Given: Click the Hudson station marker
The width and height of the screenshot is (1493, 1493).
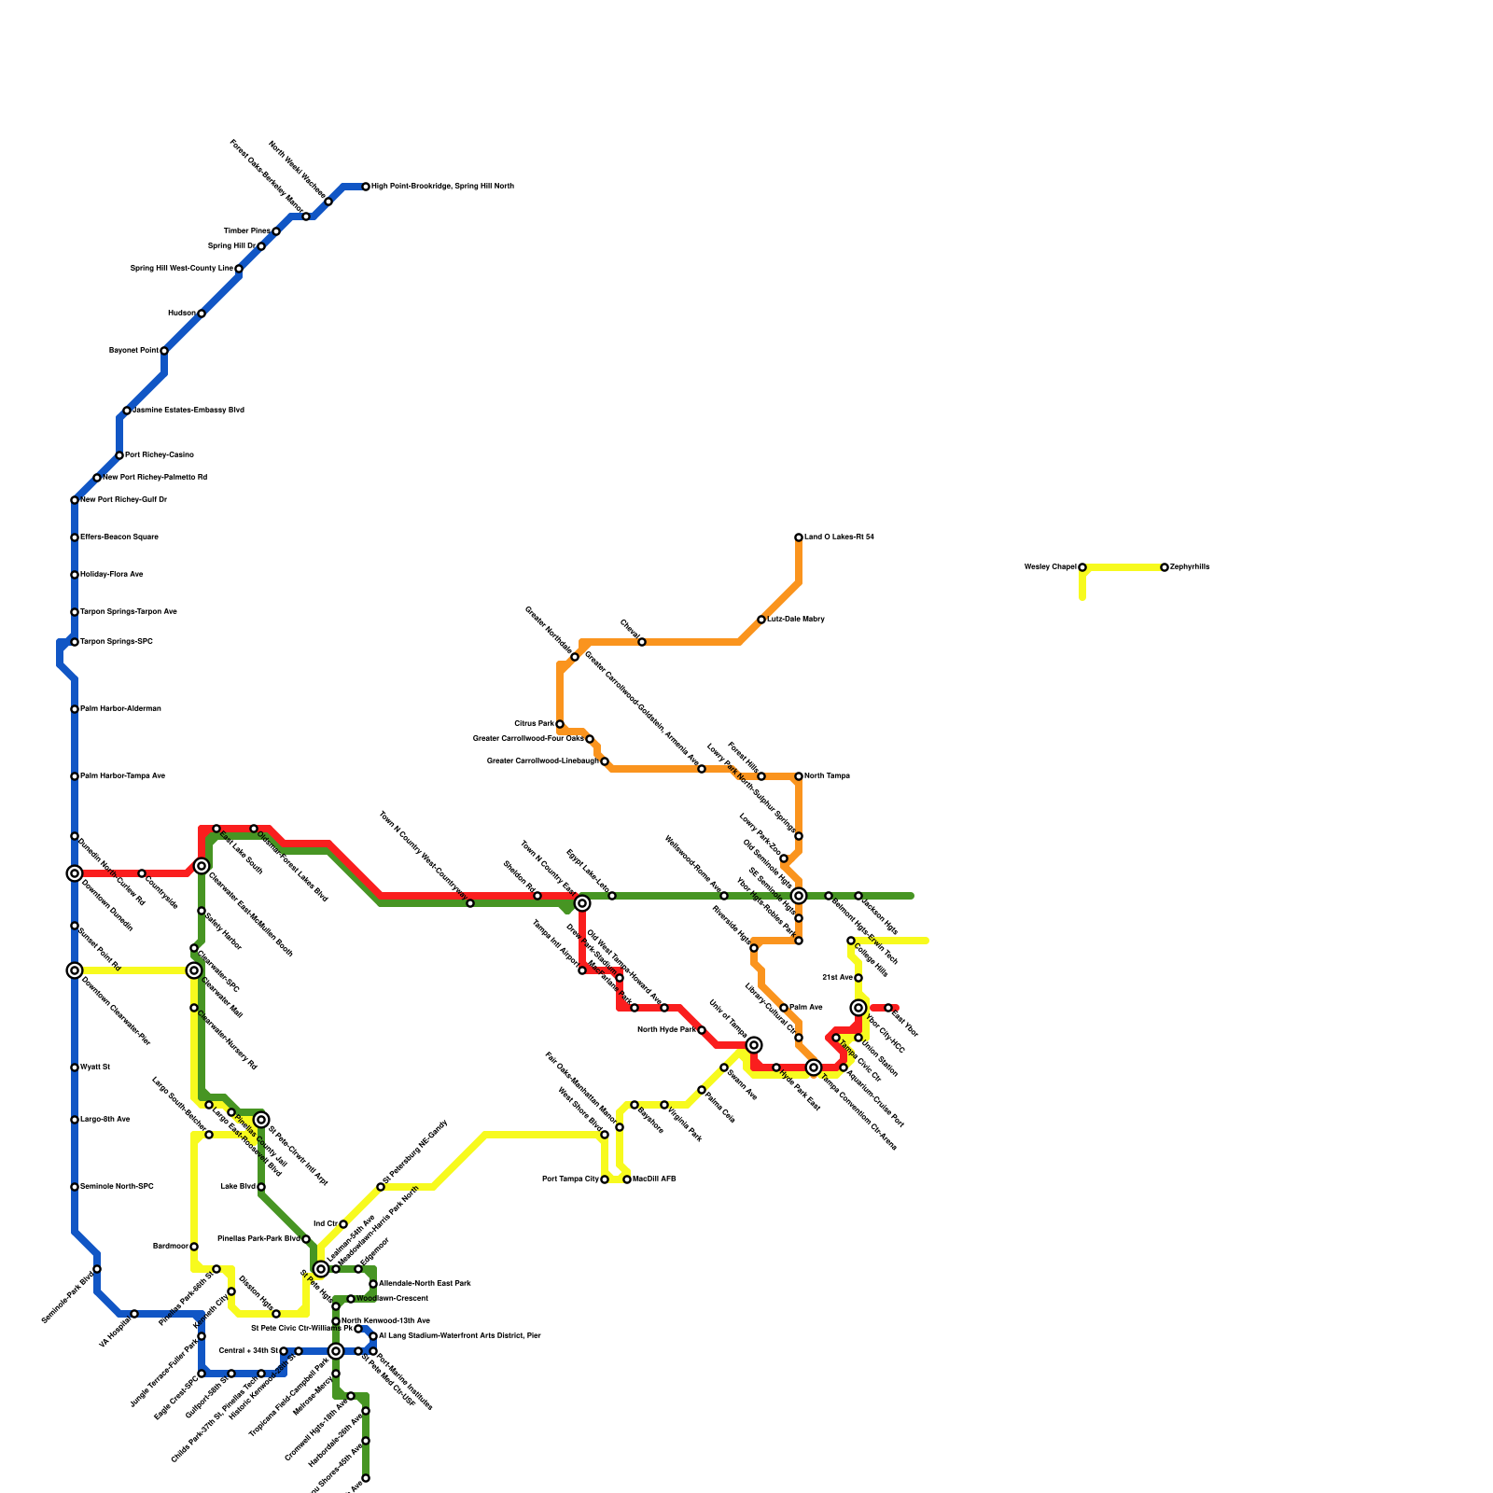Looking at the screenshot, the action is (202, 314).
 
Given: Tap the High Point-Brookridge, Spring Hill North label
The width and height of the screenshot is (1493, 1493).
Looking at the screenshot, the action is (442, 187).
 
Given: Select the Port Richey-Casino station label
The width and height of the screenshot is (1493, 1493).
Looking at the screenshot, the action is (160, 455).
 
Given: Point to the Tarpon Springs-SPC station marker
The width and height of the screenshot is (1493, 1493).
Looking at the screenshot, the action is (75, 642).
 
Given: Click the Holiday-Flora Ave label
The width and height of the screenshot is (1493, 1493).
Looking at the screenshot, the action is (111, 575).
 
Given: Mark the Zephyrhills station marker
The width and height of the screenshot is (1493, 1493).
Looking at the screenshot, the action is (1165, 567).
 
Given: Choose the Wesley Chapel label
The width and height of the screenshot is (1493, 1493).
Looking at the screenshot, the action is (1050, 567).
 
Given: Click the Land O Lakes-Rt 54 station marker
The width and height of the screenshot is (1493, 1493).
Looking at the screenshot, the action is (799, 537).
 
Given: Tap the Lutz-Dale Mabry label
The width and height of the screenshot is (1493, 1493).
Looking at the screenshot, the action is (795, 620).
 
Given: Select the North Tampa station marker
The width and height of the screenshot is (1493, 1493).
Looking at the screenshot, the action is (799, 776).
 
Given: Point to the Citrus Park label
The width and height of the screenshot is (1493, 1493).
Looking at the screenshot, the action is (534, 724).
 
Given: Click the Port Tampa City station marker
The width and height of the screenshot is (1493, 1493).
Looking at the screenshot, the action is (605, 1179).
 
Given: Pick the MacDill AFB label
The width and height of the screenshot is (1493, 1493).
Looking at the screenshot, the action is (654, 1179).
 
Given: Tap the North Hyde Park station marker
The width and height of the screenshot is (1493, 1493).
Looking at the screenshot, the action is (702, 1030).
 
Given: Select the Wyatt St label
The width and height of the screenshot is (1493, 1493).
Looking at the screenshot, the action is (94, 1067).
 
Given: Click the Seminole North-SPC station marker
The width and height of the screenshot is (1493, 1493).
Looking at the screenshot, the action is (75, 1187).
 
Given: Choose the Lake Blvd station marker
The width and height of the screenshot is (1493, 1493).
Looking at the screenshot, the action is (261, 1187).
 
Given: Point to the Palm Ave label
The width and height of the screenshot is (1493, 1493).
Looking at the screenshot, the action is (805, 1008).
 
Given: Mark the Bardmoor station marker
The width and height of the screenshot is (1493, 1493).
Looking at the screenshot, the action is (194, 1247).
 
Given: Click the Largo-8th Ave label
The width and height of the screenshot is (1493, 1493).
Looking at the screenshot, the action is (105, 1120).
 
